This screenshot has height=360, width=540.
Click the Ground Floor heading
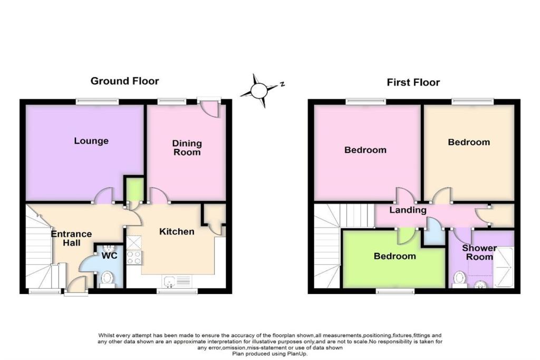point(124,81)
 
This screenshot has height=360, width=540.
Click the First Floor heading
point(413,83)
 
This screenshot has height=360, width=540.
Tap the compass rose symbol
point(259,91)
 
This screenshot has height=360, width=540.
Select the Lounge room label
point(91,141)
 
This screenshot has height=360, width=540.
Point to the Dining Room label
point(187,148)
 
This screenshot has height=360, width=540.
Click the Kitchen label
point(177,231)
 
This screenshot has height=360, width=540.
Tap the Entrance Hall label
point(71,238)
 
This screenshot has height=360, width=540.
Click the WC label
point(110,256)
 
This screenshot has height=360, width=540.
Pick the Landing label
point(408,210)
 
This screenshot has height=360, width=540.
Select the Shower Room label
point(479,252)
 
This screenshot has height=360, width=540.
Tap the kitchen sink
point(178,281)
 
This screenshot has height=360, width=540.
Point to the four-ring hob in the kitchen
point(134,258)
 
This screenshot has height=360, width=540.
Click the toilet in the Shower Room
point(460,279)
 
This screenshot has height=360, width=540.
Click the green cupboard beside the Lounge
point(134,190)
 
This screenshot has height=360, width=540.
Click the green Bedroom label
point(394,256)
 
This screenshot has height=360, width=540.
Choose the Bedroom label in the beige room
point(469,142)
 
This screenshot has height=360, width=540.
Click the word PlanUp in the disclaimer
point(297,354)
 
